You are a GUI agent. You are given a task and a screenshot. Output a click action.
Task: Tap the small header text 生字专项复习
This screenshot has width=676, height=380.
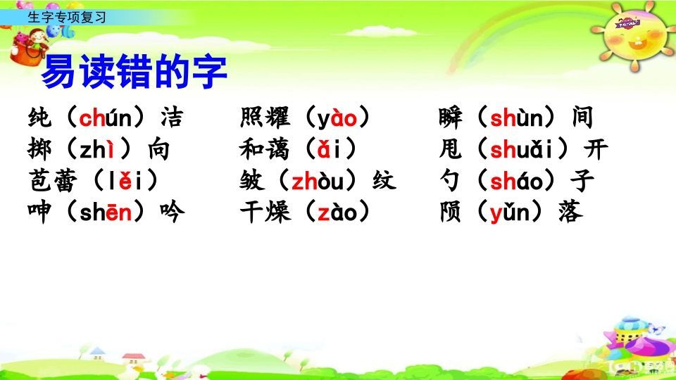tap(66, 18)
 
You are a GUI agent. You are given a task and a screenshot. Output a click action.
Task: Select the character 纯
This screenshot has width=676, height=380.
tap(42, 118)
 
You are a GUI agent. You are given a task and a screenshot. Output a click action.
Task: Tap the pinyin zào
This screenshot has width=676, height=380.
tap(338, 213)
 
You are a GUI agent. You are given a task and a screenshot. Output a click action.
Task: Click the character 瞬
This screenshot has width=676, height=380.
tap(451, 118)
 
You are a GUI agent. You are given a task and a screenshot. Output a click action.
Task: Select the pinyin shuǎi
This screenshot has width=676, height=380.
tap(525, 150)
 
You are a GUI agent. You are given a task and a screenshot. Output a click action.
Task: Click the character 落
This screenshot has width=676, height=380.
tap(570, 213)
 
